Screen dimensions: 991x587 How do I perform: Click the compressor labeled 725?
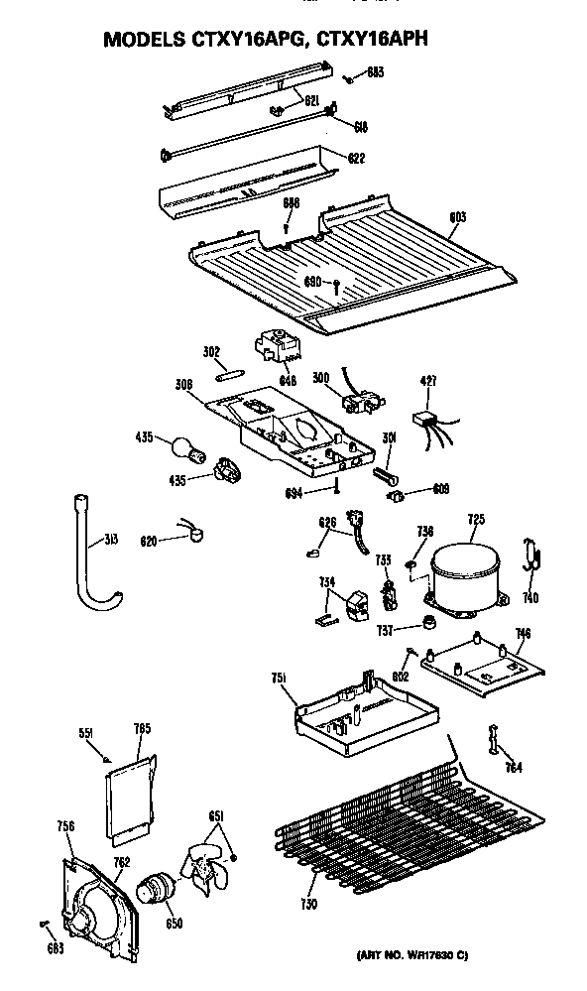(x=464, y=572)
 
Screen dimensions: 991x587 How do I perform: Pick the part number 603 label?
(x=457, y=217)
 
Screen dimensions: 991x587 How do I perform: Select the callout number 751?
(x=279, y=677)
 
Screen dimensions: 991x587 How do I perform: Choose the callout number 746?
(x=524, y=632)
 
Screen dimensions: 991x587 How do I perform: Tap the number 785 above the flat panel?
(x=142, y=729)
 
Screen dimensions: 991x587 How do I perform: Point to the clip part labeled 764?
(x=493, y=741)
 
